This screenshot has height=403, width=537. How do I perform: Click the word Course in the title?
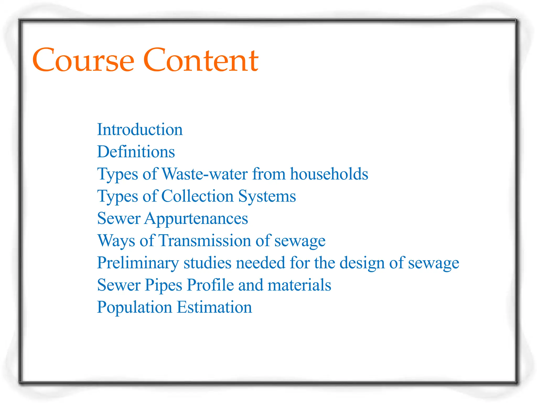[x=83, y=60]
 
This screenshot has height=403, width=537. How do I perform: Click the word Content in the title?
[x=201, y=60]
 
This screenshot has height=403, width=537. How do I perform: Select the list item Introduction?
[x=140, y=129]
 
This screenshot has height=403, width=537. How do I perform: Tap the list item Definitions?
[x=136, y=152]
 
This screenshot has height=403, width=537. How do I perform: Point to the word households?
[x=329, y=174]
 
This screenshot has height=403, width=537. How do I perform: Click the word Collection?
[x=197, y=196]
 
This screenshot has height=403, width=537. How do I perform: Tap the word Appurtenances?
[x=196, y=219]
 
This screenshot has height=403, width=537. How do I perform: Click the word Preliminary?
[x=138, y=263]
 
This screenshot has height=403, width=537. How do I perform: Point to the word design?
[x=362, y=263]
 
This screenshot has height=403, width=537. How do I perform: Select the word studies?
[x=207, y=263]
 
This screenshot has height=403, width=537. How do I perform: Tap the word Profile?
[x=210, y=285]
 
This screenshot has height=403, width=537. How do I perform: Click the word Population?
[x=135, y=307]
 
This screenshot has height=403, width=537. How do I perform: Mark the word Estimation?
[x=214, y=307]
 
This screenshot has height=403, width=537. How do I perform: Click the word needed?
[x=260, y=263]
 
